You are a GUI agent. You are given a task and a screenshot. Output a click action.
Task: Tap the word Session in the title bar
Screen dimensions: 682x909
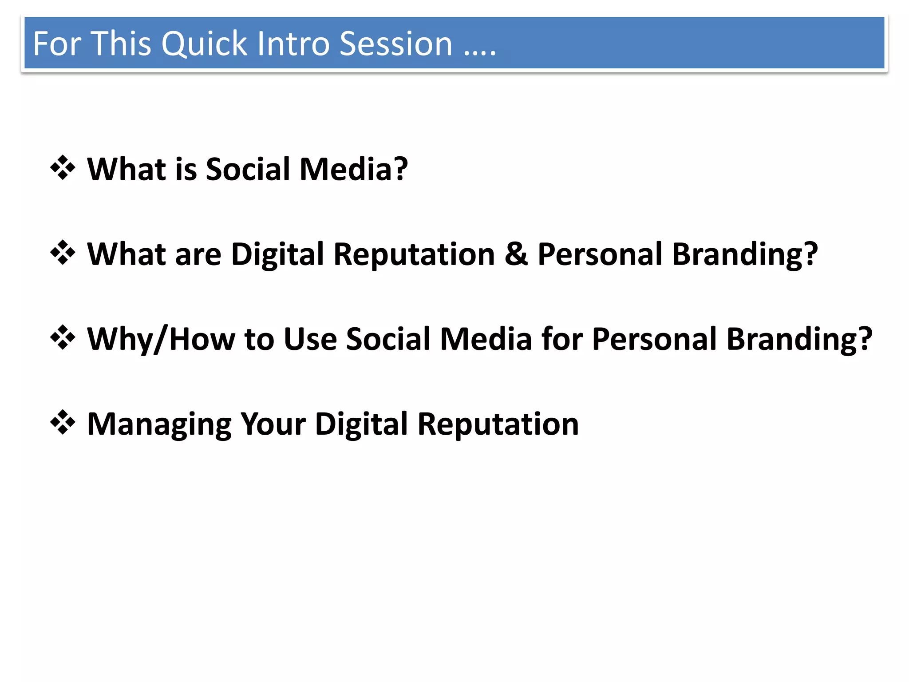[395, 44]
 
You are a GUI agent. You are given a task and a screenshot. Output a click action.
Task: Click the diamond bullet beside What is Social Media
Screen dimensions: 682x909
[63, 168]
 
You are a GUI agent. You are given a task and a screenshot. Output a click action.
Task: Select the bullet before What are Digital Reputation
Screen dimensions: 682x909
[63, 253]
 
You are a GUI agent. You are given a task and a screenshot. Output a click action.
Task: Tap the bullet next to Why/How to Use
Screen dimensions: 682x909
[63, 338]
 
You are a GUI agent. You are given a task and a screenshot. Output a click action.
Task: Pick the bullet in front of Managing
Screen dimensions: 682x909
[63, 423]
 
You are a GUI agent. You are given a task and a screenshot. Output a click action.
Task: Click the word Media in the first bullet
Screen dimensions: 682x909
[353, 169]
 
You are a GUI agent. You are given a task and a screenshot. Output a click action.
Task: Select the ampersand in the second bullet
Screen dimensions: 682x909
[516, 254]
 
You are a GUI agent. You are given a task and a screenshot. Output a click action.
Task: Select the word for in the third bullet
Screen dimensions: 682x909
[561, 339]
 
